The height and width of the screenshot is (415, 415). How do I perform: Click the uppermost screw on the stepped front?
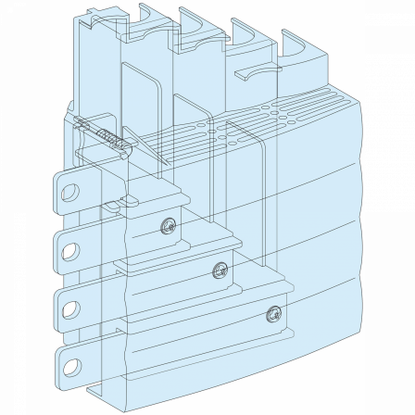click(x=167, y=224)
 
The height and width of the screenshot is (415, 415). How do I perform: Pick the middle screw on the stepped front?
click(x=219, y=270)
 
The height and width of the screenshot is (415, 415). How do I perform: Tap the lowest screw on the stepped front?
click(x=271, y=313)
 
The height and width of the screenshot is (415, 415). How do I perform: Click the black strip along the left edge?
click(x=25, y=207)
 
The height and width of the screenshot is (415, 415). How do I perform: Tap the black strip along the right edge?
click(x=389, y=207)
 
